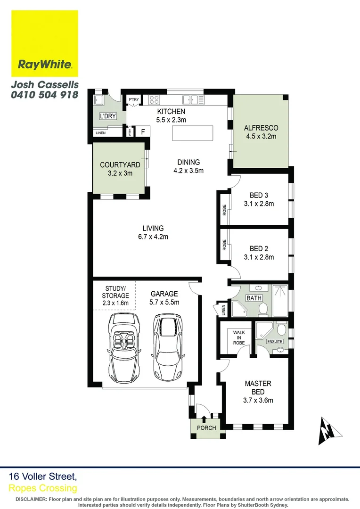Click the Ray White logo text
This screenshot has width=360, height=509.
tap(45, 65)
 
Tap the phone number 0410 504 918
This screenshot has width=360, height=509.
tap(45, 94)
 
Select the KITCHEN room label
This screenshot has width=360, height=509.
tap(171, 112)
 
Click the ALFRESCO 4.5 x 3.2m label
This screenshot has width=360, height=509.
tap(261, 128)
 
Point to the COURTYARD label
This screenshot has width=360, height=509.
tap(120, 165)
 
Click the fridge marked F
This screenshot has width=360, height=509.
tap(142, 132)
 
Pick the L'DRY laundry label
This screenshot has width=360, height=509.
tap(107, 116)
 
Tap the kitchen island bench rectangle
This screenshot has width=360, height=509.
tap(192, 133)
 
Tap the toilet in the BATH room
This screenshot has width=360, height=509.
tap(264, 309)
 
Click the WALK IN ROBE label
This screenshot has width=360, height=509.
tap(239, 337)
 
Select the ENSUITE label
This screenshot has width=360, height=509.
tap(275, 341)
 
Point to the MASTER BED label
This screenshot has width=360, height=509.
tap(258, 387)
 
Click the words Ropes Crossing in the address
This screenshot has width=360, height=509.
tap(43, 488)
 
